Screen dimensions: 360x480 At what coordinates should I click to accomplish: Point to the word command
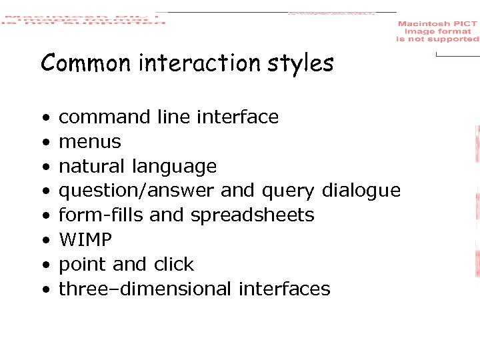[x=105, y=117]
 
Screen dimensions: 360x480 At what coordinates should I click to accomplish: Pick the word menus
[x=90, y=142]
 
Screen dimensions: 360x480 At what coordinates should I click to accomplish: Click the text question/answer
[x=137, y=191]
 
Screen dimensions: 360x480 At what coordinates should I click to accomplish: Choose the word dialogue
[x=361, y=191]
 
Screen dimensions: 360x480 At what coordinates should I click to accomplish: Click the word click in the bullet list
[x=173, y=265]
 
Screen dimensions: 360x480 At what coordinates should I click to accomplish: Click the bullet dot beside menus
[x=44, y=143]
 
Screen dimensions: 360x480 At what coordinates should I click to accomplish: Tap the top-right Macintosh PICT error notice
[x=437, y=31]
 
